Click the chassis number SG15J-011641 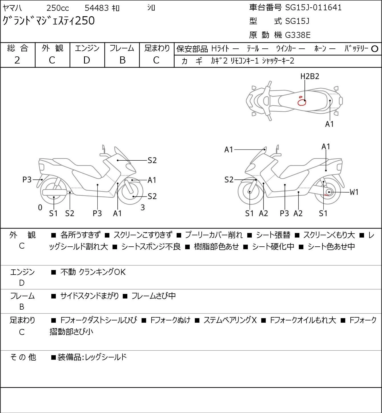pos(313,8)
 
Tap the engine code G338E pos(298,35)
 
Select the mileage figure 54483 pos(97,8)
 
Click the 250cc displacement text pos(58,8)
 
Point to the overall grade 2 pos(17,60)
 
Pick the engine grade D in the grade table pos(87,60)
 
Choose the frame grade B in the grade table pos(122,60)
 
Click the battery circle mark pos(375,49)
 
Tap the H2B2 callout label pos(310,77)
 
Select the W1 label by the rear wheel pos(354,192)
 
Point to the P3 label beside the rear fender pos(27,180)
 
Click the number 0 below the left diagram pos(40,207)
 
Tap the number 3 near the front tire pos(142,207)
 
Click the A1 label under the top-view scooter pos(329,124)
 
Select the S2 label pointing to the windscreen pos(152,160)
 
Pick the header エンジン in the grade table pos(87,48)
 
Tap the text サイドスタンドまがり pos(89,296)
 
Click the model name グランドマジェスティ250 pos(48,21)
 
